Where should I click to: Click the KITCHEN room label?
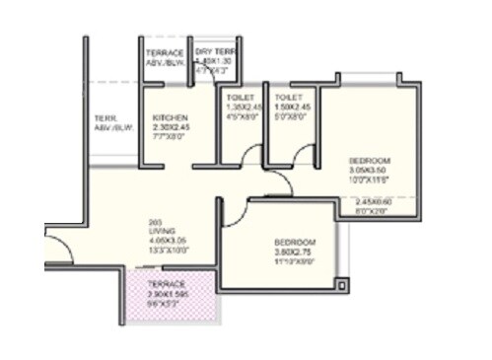[170, 117]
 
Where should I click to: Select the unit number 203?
[155, 220]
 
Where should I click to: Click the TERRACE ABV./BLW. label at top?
[166, 57]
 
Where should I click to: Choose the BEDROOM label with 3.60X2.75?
[295, 243]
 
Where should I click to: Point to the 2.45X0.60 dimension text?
[373, 201]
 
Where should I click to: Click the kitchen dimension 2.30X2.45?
[170, 127]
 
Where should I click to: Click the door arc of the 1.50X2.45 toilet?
[301, 153]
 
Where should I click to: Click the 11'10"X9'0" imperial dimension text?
[295, 262]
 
